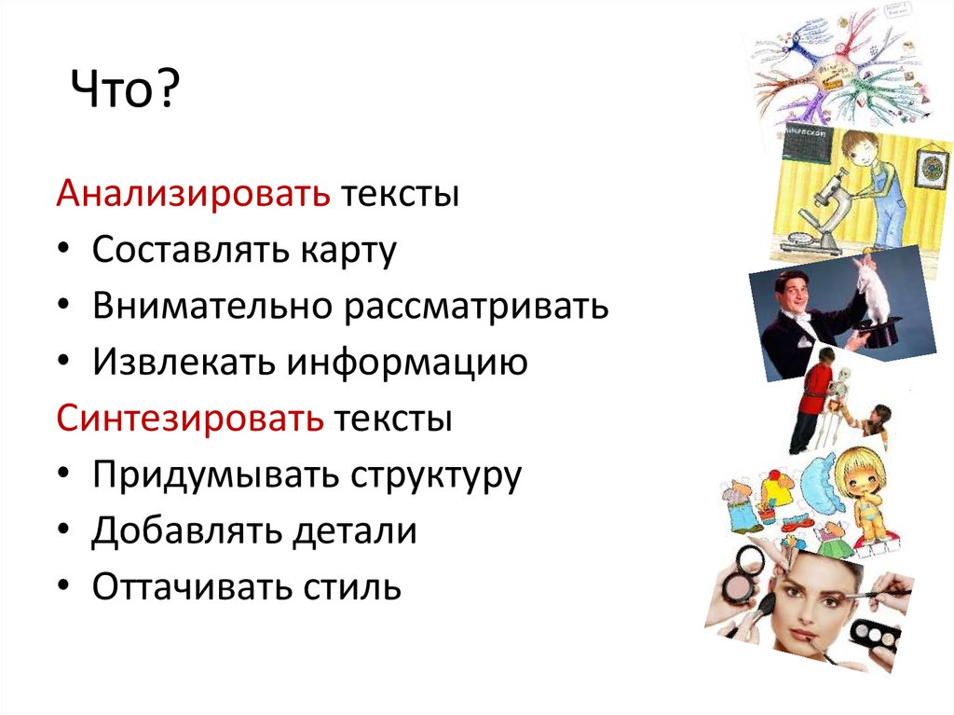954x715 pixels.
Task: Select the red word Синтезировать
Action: (190, 418)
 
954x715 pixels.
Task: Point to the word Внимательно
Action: (212, 307)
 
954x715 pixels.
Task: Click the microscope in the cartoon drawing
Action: (820, 200)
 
